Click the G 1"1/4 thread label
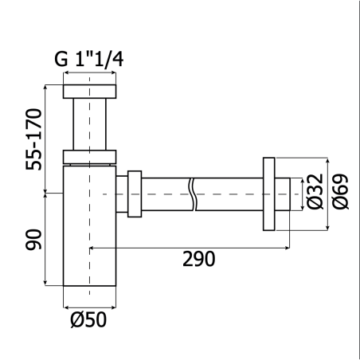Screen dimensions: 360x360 [89, 60]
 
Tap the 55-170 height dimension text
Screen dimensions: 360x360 [34, 139]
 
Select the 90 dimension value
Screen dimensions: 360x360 [34, 240]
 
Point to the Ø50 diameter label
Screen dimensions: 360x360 [88, 319]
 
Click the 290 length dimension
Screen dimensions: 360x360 [199, 259]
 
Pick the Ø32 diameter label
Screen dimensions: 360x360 [315, 191]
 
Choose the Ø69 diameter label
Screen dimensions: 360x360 [340, 191]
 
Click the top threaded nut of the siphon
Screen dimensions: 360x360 [89, 92]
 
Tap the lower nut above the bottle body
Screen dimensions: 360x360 [89, 157]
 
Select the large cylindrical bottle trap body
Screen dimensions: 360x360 [89, 226]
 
